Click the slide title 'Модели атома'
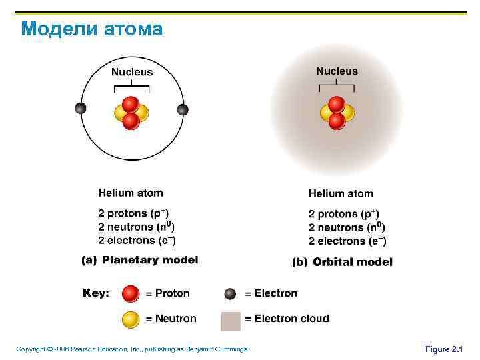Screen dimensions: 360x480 [x=91, y=29]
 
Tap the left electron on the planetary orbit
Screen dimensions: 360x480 [x=81, y=109]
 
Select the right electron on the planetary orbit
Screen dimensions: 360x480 [x=183, y=109]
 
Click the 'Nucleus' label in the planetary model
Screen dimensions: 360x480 [x=132, y=72]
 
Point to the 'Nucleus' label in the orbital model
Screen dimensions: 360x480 [x=337, y=71]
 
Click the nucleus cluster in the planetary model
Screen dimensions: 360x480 [x=131, y=112]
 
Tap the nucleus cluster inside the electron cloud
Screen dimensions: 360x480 [x=337, y=112]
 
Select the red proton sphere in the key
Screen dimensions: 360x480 [x=131, y=293]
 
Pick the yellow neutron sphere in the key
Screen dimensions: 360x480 [x=131, y=319]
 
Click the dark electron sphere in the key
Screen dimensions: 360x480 [x=231, y=293]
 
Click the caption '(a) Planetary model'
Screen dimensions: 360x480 [x=139, y=261]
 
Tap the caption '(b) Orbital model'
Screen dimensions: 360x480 [x=343, y=262]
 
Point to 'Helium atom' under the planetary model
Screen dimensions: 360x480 [x=131, y=193]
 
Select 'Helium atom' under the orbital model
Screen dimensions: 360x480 [x=341, y=194]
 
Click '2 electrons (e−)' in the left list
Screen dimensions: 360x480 [x=137, y=240]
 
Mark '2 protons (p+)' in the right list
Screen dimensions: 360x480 [x=343, y=214]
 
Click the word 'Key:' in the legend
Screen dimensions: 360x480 [x=96, y=293]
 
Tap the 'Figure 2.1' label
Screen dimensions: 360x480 [x=443, y=349]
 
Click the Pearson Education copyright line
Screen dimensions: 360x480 [x=131, y=349]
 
